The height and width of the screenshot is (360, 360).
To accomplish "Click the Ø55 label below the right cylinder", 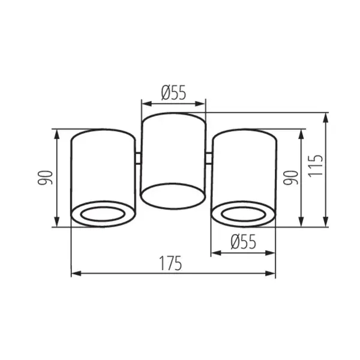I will coord(243,241).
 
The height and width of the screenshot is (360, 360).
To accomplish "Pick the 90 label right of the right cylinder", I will coord(291,178).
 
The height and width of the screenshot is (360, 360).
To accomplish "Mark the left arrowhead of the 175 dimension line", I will coord(75,274).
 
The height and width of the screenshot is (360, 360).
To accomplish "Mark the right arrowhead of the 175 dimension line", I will coord(272,274).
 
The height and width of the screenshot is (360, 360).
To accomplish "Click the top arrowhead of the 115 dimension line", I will coord(326,116).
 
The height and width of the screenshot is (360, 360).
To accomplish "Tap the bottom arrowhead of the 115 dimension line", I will coord(326,223).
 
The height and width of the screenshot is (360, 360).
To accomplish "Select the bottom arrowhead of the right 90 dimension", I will coord(301,223).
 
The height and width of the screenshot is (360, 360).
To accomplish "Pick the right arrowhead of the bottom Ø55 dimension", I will coord(272,252).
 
